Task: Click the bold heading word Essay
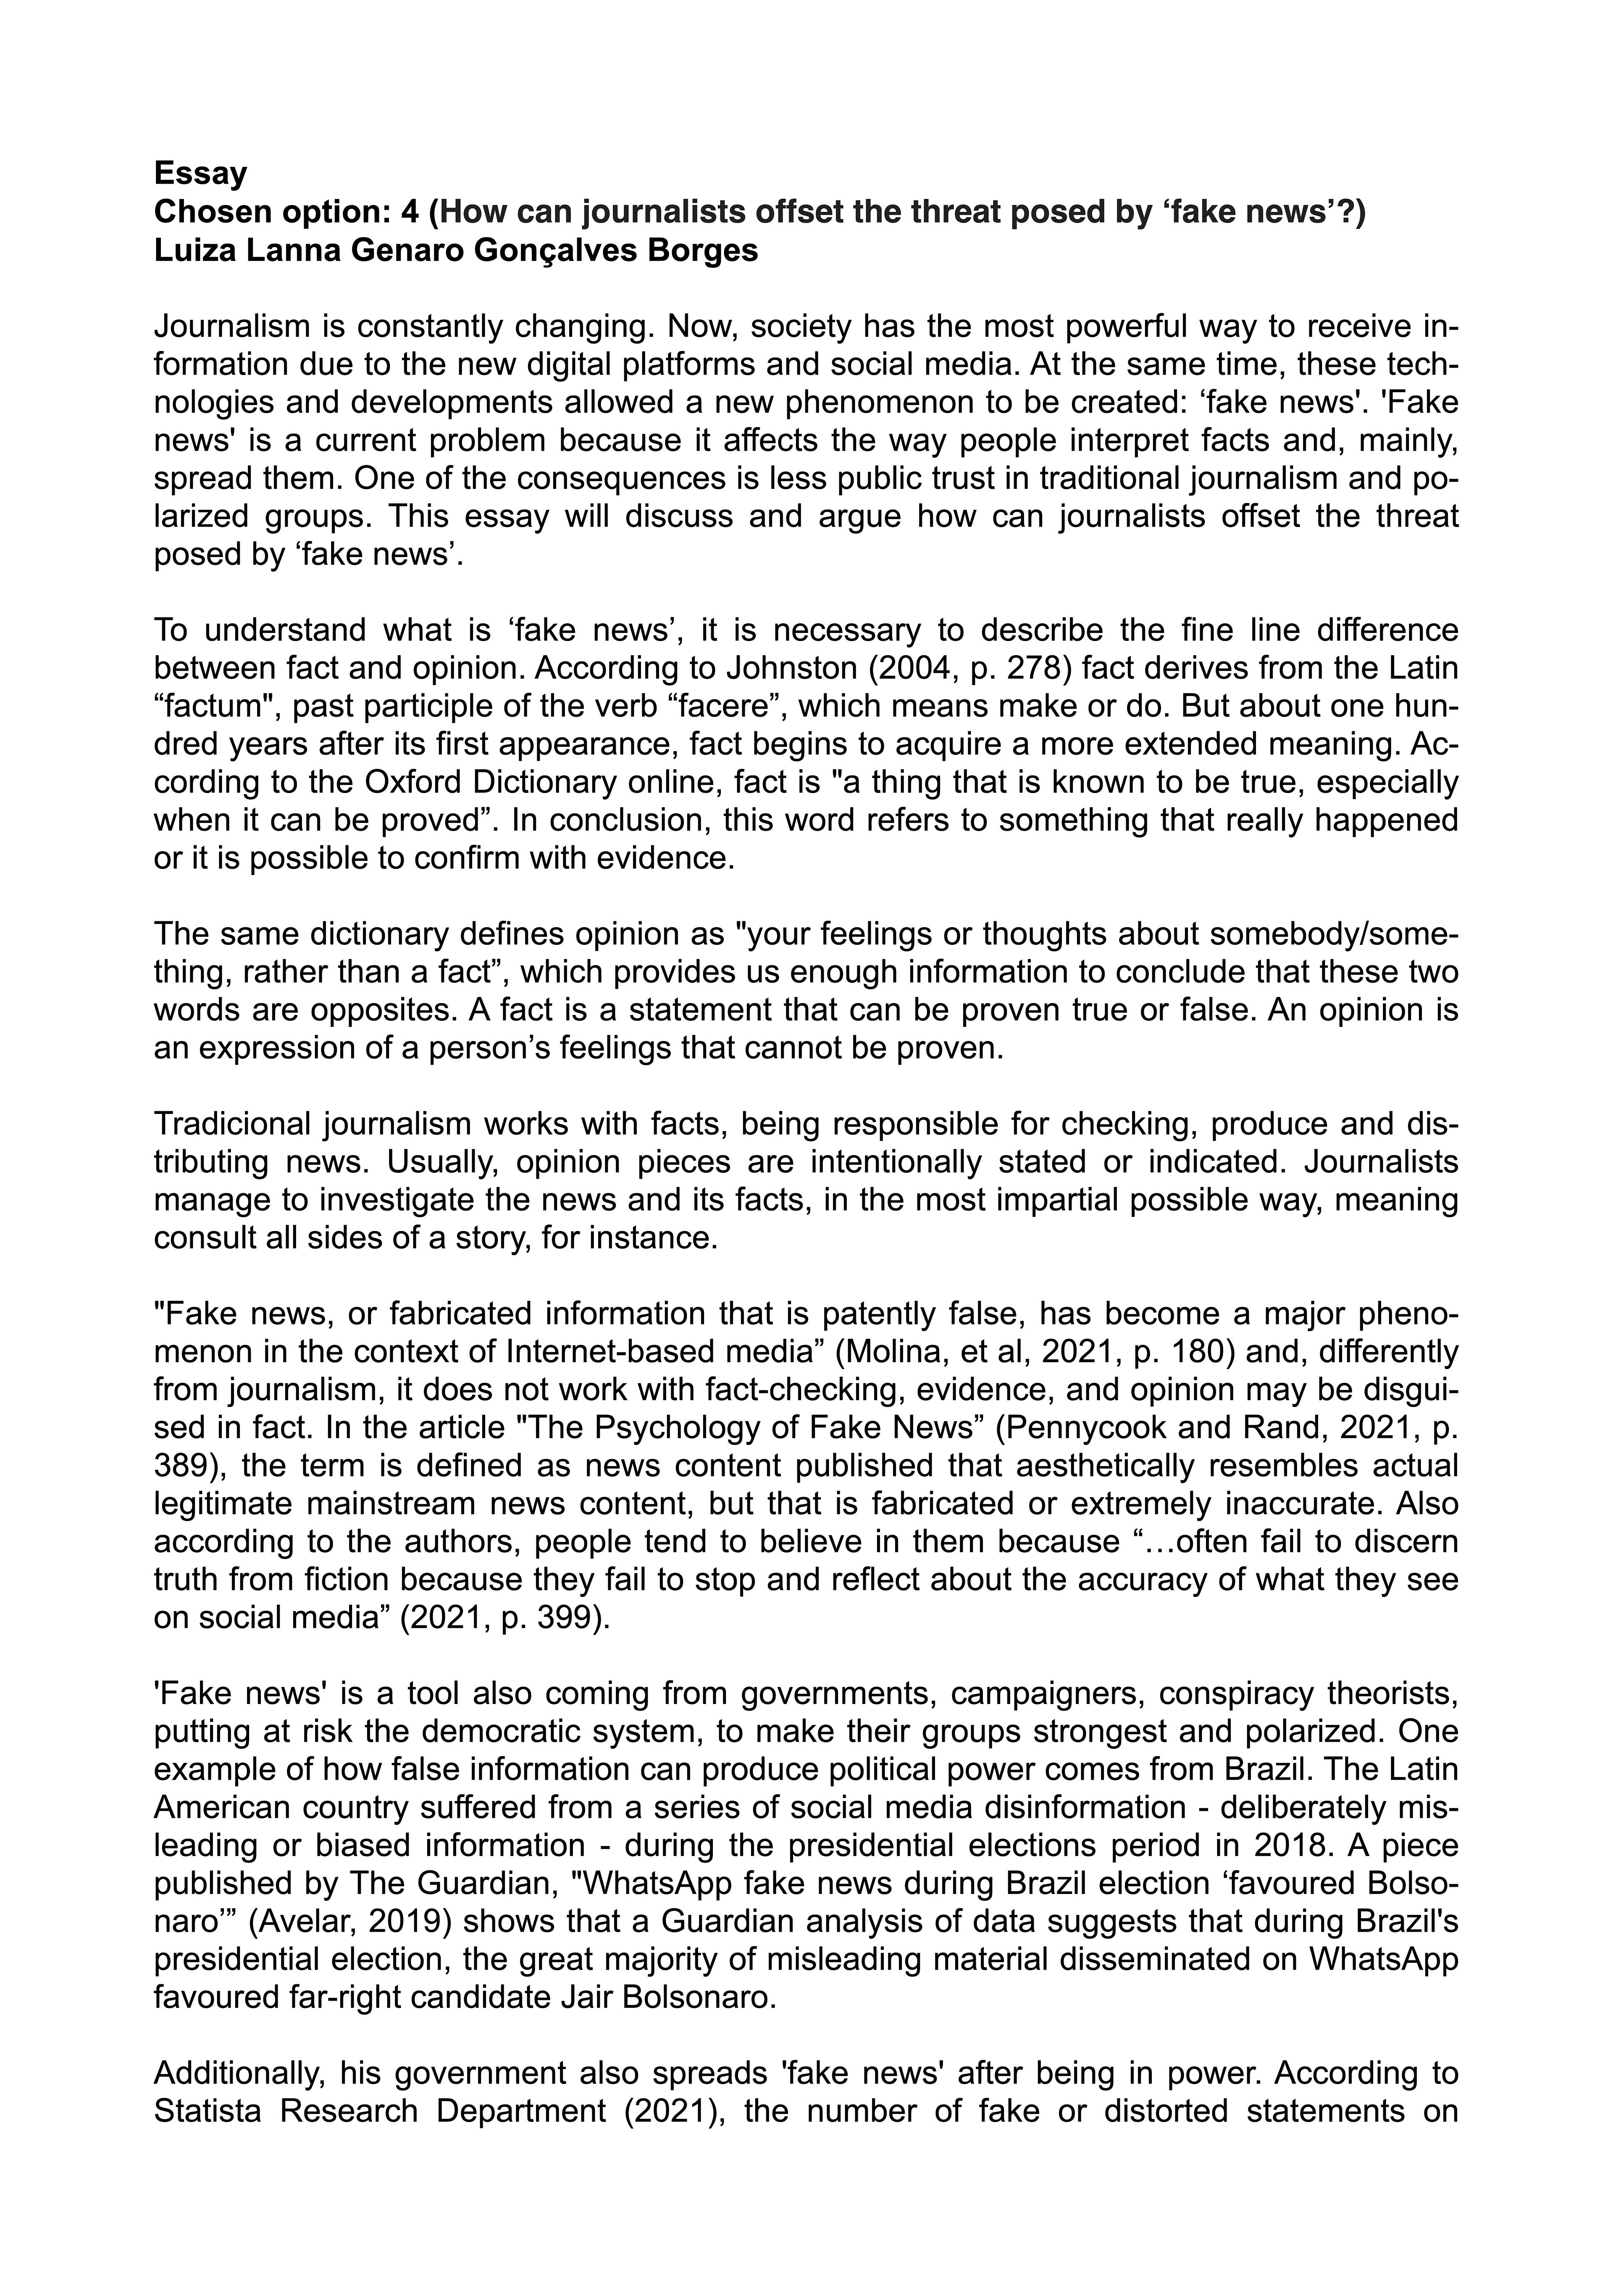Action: tap(200, 174)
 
